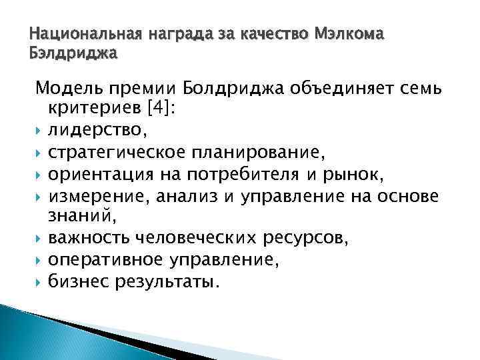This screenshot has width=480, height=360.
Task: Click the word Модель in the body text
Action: coord(67,89)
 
